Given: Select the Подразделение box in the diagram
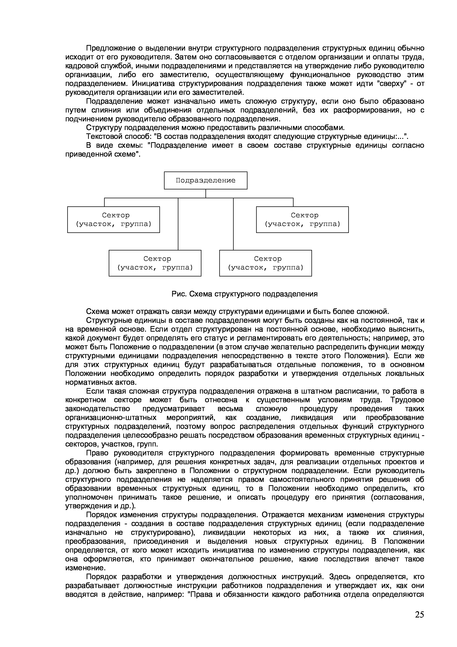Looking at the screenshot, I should click(x=205, y=180).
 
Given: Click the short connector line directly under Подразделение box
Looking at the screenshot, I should click(x=205, y=194).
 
